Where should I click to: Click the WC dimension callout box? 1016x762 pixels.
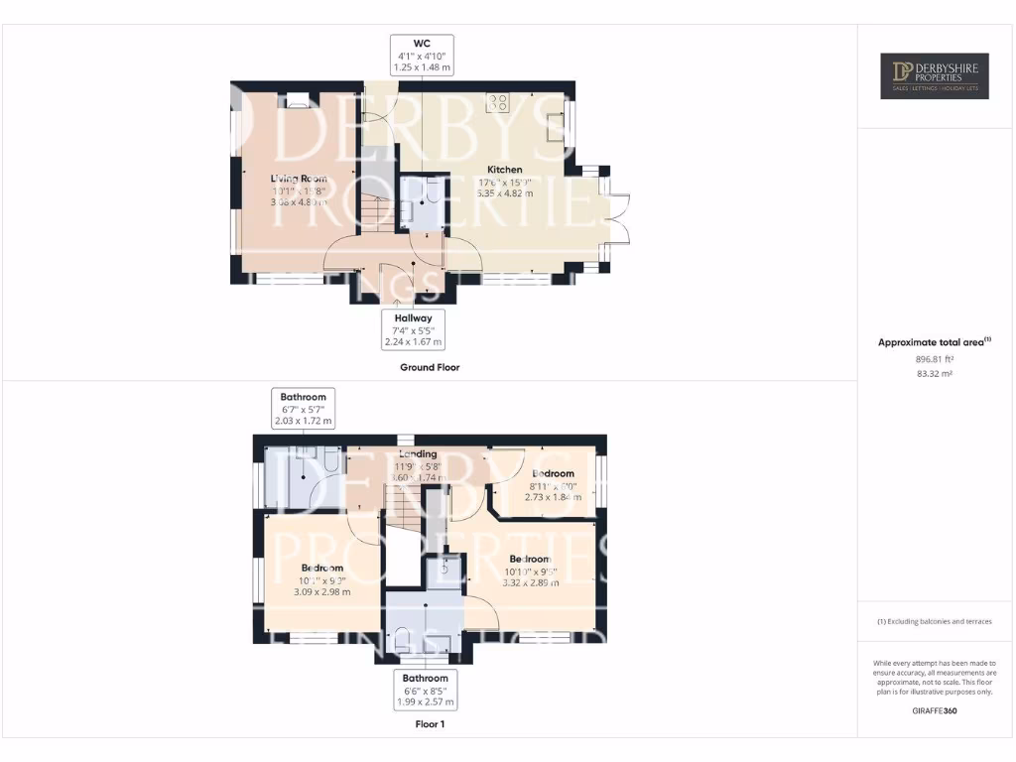(x=423, y=56)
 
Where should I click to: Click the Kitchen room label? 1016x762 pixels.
(x=504, y=170)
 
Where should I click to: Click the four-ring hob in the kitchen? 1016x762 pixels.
(x=497, y=103)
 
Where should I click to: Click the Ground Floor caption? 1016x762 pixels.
(x=430, y=367)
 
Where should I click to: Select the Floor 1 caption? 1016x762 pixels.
(x=430, y=724)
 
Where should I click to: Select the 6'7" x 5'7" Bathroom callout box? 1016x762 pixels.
(x=303, y=409)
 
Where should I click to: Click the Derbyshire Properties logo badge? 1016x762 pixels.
(x=935, y=76)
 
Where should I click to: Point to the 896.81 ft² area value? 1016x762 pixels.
(x=934, y=360)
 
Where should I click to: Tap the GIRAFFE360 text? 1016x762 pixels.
(x=934, y=710)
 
